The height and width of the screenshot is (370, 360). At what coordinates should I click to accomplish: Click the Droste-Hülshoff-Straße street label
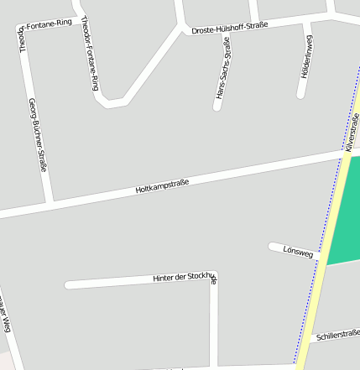(229, 28)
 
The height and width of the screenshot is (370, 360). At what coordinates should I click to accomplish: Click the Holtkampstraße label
(162, 185)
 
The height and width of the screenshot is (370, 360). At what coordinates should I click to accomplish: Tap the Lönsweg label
(298, 251)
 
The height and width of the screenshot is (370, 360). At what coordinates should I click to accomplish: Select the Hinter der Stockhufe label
(185, 277)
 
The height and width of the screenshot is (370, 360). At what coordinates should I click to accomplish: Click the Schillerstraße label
(338, 334)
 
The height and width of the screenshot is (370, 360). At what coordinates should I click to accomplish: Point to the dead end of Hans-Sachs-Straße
(217, 107)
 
